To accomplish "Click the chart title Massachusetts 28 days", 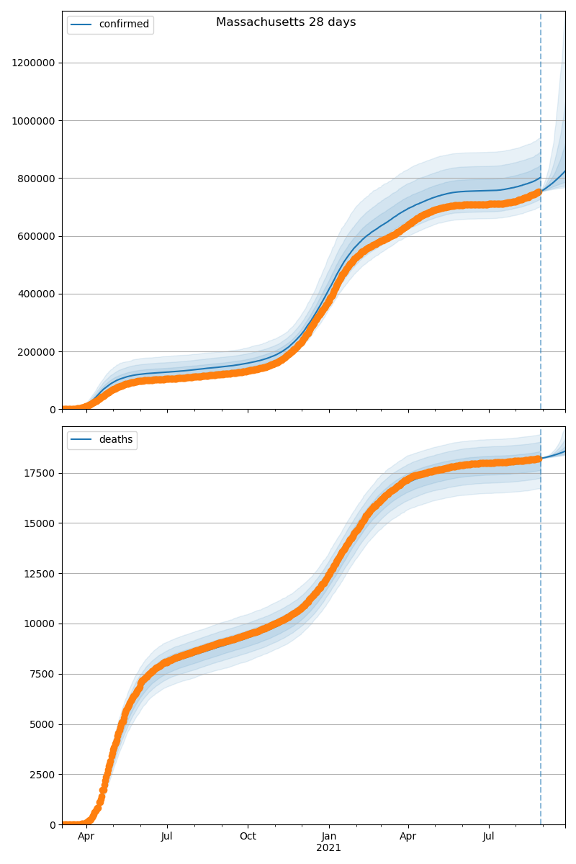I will point(286,22).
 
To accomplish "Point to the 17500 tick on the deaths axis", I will point(42,473).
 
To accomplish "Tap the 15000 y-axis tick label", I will point(42,523).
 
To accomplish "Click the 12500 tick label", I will point(42,574).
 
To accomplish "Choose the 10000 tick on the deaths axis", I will point(42,624).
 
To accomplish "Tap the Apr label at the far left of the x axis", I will point(86,837).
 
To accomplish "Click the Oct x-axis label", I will point(248,837).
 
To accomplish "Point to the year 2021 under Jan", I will point(328,848).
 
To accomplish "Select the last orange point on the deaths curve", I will point(538,459).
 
